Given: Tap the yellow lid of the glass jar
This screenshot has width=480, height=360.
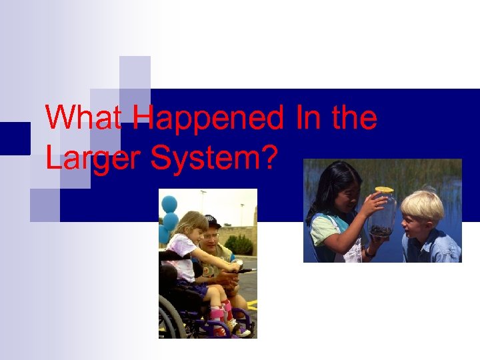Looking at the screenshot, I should (x=384, y=190).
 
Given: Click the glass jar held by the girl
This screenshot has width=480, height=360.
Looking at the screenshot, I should (x=383, y=215).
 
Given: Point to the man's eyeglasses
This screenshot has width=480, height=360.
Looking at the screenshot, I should (x=212, y=235).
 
